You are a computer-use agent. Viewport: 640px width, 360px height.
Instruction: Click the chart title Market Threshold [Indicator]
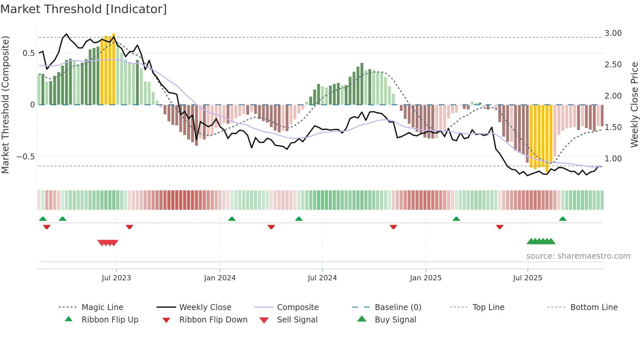[x=84, y=9]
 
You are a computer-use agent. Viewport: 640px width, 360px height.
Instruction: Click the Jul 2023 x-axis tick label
[x=116, y=278]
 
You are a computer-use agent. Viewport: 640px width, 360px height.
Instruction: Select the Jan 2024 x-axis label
[x=220, y=278]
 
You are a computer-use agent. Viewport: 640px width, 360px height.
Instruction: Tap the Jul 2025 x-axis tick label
[x=527, y=278]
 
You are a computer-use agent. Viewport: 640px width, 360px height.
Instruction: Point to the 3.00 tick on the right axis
[x=613, y=33]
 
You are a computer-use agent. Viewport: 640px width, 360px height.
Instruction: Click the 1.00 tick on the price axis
[x=613, y=159]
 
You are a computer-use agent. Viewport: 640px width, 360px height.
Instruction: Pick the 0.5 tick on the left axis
[x=28, y=53]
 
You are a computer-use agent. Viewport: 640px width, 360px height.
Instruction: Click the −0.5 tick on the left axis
[x=26, y=157]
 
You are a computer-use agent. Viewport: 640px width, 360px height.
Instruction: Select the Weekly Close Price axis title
[x=634, y=105]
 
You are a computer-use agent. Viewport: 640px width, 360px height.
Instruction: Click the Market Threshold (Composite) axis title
[x=5, y=105]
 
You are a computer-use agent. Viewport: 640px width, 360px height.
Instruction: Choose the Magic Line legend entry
[x=102, y=307]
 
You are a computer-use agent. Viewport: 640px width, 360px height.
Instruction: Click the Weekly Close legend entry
[x=205, y=307]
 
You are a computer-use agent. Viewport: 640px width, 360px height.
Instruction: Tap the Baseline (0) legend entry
[x=398, y=307]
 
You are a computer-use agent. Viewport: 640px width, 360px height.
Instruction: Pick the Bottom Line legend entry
[x=594, y=307]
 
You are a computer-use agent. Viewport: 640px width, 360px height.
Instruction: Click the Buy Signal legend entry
[x=395, y=320]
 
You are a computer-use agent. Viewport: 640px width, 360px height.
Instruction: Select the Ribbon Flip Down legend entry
[x=213, y=320]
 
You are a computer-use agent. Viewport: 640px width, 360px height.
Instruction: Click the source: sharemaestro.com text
[x=578, y=256]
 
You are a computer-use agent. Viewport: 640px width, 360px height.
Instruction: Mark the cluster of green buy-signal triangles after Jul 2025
[x=541, y=241]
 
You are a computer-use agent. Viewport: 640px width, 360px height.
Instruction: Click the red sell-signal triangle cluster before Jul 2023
[x=108, y=243]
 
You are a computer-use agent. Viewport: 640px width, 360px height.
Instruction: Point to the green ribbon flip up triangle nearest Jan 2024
[x=232, y=219]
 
